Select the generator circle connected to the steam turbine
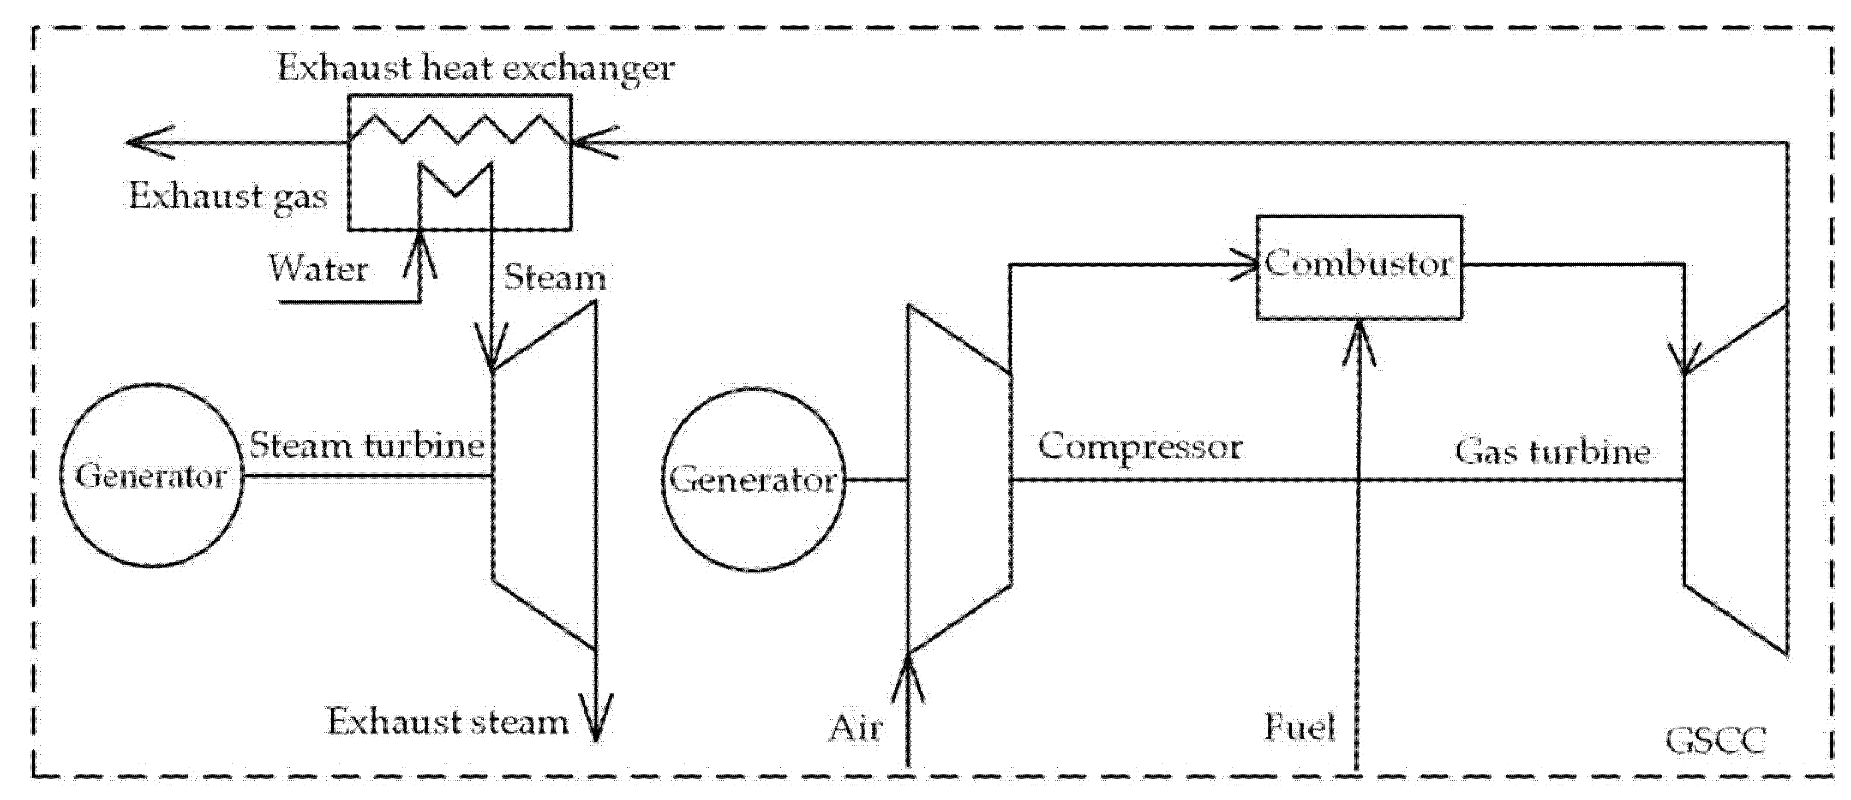coord(151,476)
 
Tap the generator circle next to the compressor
coord(753,480)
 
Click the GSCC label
coord(1715,741)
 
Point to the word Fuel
coord(1299,727)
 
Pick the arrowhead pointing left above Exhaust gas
coord(147,141)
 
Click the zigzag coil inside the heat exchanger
coord(460,129)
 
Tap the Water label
coord(319,270)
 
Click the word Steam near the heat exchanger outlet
coord(555,277)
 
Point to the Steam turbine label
coord(367,446)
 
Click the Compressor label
coord(1140,446)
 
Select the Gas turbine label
coord(1553,452)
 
